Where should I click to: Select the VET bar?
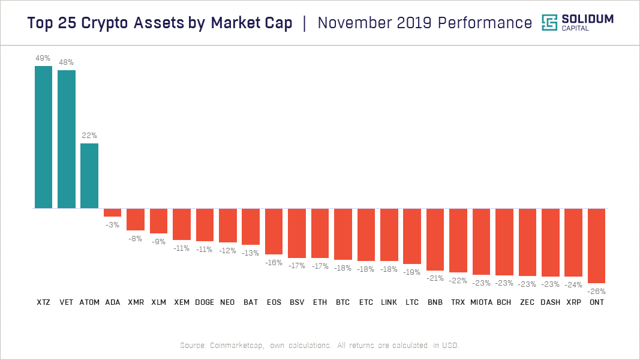pos(67,139)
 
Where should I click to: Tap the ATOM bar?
pos(89,176)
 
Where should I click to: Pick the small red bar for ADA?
pos(112,212)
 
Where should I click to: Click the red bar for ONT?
pos(596,246)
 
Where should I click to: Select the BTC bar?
pos(343,234)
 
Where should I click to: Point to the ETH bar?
pos(320,233)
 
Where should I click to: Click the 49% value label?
pos(43,58)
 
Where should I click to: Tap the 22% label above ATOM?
pos(89,136)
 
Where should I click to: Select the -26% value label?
pos(596,291)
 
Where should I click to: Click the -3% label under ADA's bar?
pos(112,225)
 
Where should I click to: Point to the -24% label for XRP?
pos(573,285)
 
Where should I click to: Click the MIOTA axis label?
pos(481,302)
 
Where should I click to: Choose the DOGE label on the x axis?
pos(205,302)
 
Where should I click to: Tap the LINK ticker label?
pos(389,302)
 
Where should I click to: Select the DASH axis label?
pos(550,302)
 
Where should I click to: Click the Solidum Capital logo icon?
pos(549,23)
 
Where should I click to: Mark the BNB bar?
pos(435,239)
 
